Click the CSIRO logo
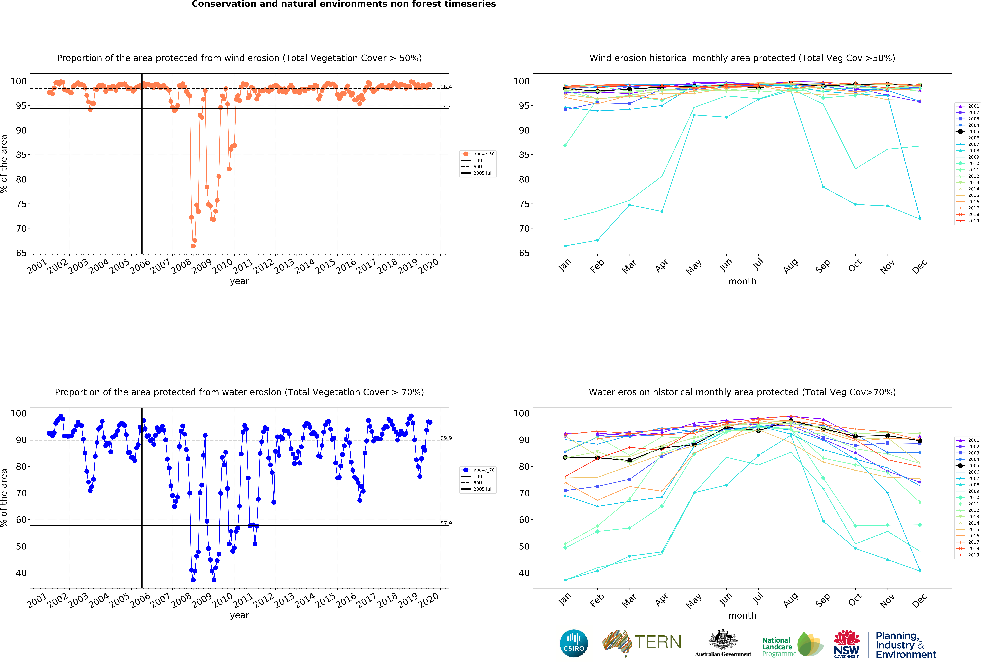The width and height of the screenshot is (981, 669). click(574, 643)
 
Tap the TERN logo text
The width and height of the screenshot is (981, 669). click(658, 642)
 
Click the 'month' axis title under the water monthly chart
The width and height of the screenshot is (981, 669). click(742, 615)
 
